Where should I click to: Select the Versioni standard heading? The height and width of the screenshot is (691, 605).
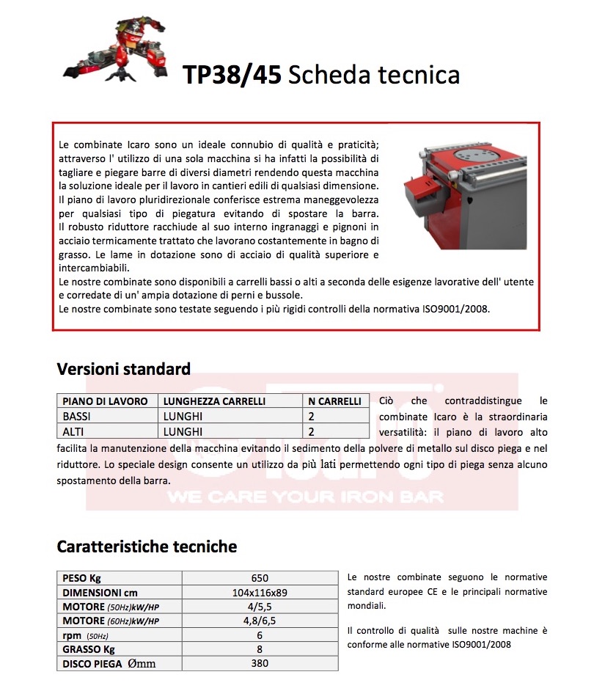124,368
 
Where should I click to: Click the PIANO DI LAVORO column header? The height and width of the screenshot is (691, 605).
106,401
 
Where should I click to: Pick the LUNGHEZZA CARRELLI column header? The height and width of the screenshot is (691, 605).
204,401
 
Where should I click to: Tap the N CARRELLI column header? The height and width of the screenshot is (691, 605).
334,401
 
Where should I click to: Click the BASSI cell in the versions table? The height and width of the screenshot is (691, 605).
77,416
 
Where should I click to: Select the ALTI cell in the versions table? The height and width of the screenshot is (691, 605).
74,431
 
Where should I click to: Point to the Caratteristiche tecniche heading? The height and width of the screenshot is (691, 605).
147,546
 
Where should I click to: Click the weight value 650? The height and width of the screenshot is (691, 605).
260,578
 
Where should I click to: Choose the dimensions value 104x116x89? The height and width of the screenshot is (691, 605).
260,593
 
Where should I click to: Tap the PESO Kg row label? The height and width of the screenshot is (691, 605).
82,578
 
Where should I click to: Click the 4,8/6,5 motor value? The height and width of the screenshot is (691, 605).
260,621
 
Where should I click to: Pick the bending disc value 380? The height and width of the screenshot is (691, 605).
260,664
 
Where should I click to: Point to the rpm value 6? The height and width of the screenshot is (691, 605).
260,635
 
